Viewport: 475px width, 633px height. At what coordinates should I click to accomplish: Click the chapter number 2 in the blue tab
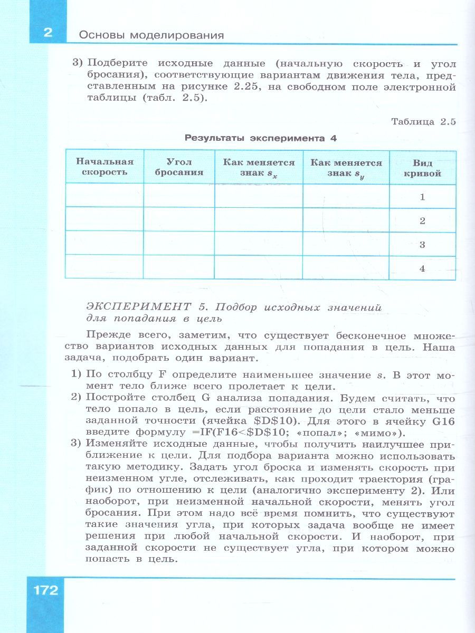tap(47, 33)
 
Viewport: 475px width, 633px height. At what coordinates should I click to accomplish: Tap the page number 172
tap(46, 590)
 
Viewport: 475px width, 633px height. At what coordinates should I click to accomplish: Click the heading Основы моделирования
tap(151, 35)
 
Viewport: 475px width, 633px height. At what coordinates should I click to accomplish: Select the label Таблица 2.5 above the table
tap(423, 121)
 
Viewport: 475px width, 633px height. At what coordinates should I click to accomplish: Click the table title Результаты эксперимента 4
tap(260, 138)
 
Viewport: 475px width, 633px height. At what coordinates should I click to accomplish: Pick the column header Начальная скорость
tap(104, 167)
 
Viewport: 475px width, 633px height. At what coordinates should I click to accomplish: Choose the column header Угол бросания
tap(179, 167)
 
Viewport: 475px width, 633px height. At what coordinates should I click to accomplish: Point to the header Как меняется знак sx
tap(259, 168)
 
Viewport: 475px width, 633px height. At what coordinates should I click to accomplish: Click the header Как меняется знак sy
tap(346, 168)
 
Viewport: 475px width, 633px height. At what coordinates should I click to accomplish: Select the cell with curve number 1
tap(422, 197)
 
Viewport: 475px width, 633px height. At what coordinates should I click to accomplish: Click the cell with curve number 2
tap(422, 220)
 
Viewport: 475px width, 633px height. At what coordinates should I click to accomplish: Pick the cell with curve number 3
tap(422, 244)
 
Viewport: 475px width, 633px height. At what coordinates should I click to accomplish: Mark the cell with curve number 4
tap(422, 268)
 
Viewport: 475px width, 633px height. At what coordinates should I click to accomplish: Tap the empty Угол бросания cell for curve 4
tap(179, 267)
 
